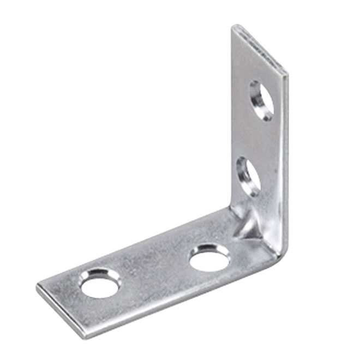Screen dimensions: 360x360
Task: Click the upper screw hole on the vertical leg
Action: click(261, 100)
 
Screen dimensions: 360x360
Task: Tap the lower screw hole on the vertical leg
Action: click(248, 176)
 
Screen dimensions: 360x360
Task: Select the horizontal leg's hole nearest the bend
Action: click(209, 257)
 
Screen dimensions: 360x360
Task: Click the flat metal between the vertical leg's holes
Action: click(256, 139)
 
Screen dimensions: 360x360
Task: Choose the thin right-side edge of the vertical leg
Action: click(285, 164)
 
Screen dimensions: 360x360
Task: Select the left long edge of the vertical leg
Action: click(231, 120)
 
